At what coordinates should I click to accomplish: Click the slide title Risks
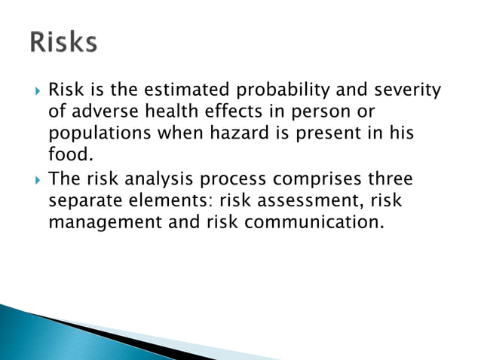click(x=64, y=42)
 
